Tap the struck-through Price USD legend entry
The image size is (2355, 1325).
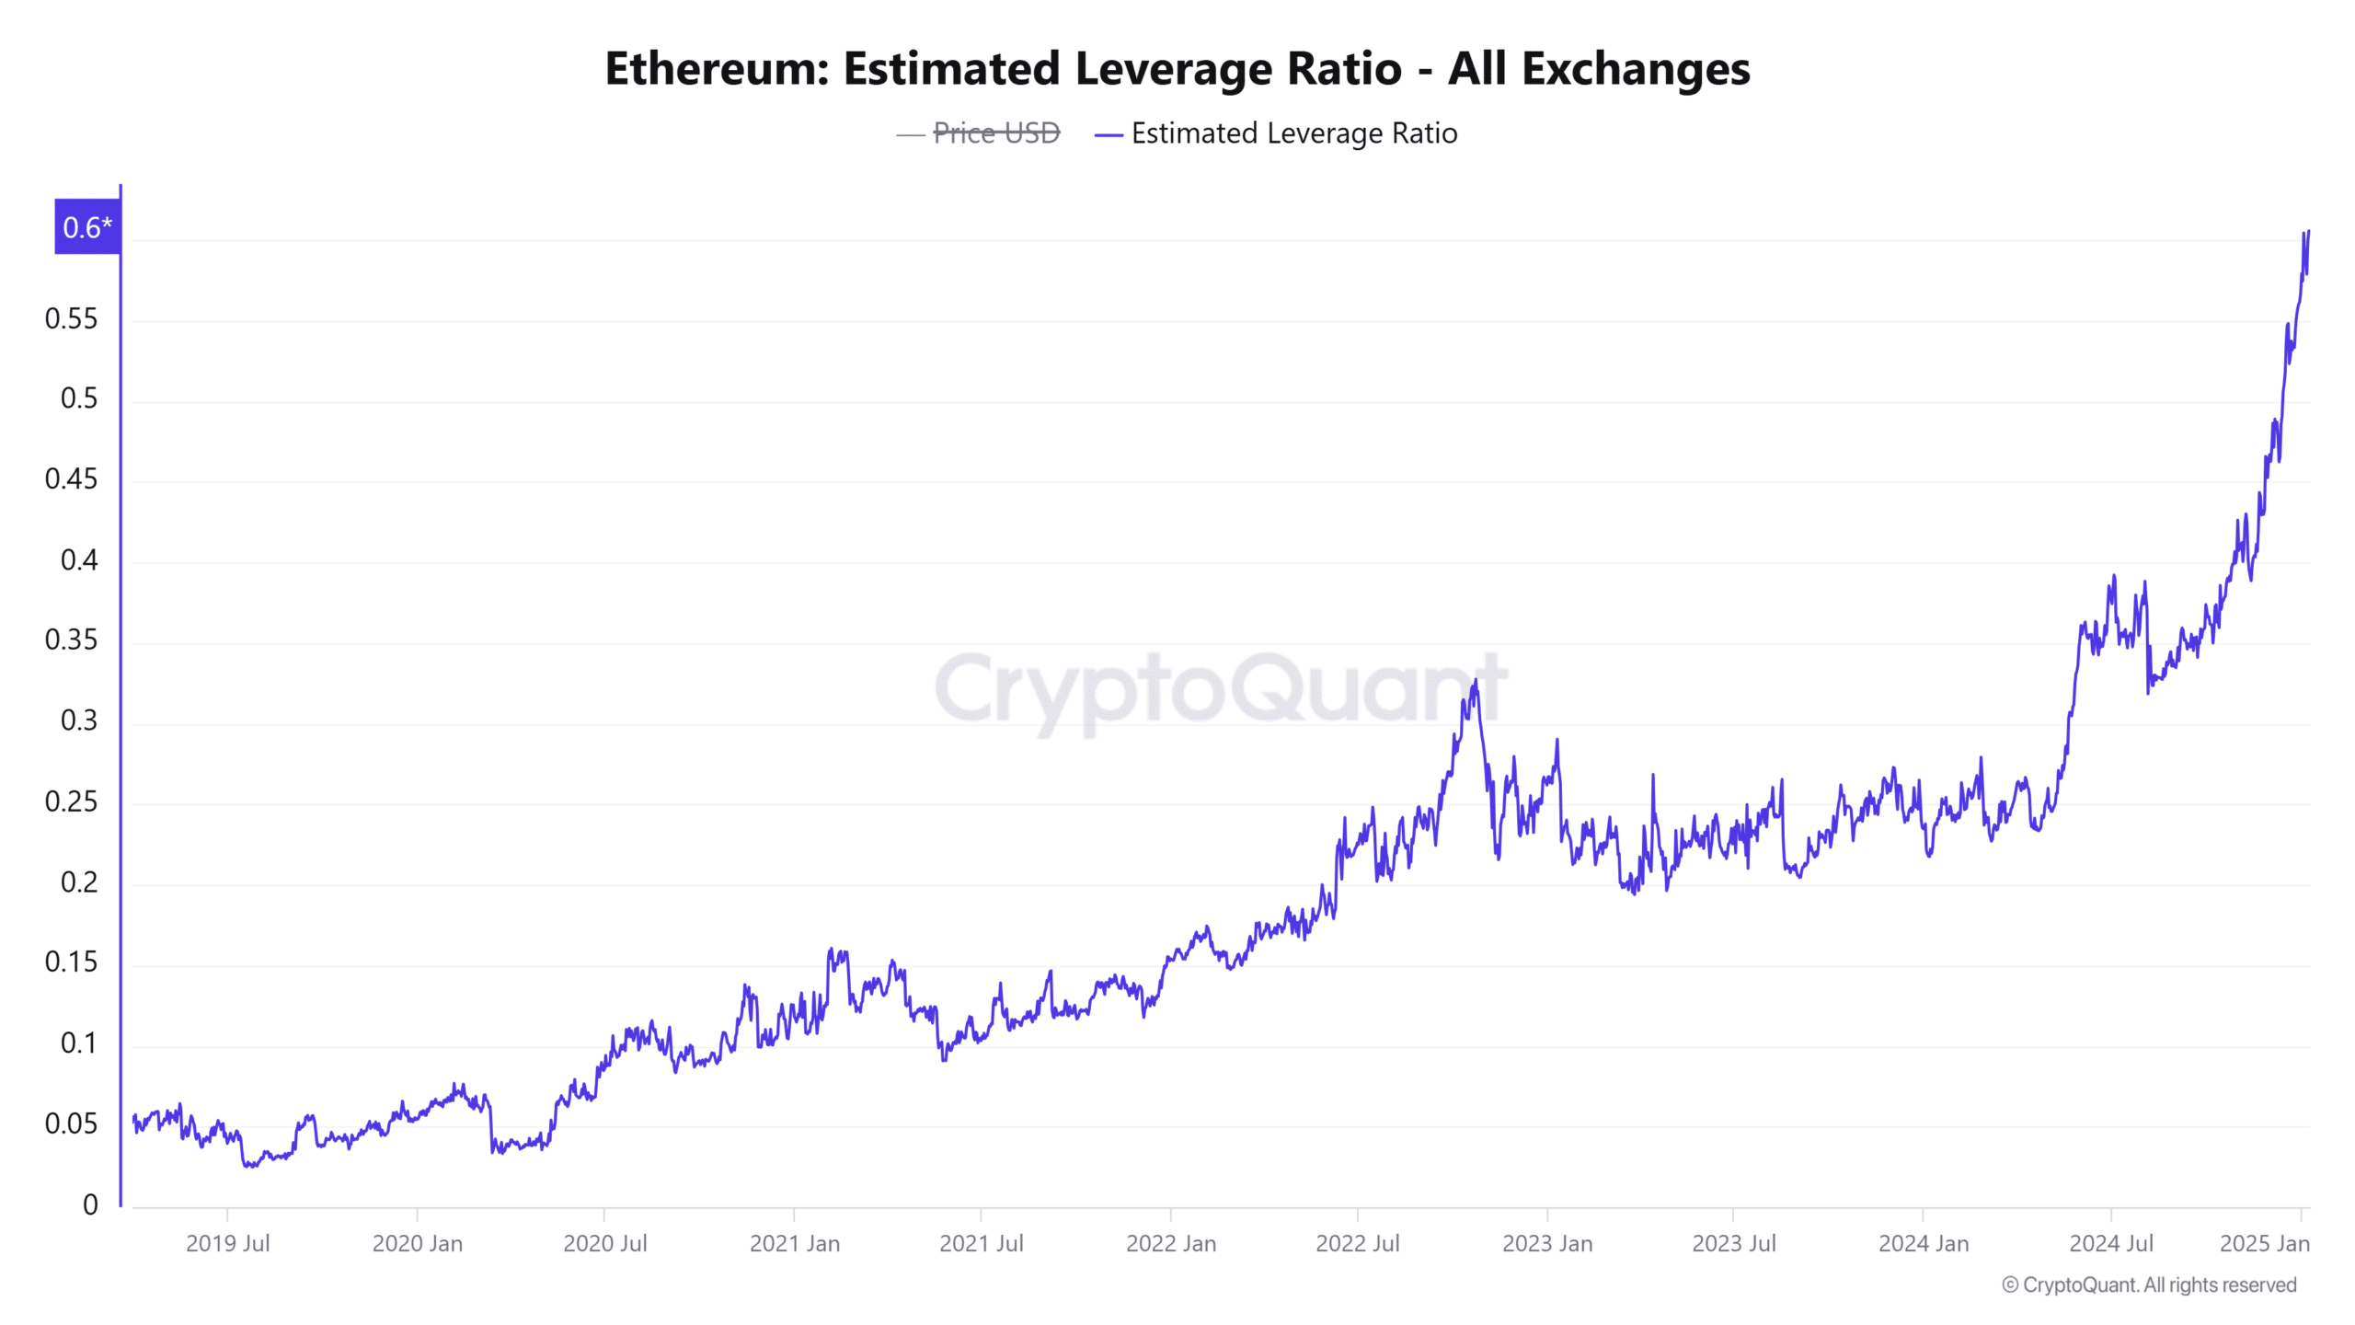(995, 133)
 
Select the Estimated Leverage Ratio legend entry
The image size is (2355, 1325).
(1292, 133)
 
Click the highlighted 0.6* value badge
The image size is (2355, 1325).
(87, 227)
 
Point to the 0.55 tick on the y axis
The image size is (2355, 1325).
(71, 319)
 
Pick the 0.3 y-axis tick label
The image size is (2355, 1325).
(78, 720)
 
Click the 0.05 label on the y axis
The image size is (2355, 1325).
(71, 1123)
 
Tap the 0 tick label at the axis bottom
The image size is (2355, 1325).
(90, 1204)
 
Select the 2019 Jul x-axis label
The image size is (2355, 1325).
(227, 1243)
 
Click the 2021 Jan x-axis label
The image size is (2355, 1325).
(794, 1243)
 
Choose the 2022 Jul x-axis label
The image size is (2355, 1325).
(1357, 1243)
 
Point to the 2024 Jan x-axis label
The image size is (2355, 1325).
(1923, 1243)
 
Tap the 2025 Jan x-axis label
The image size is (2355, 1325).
(2264, 1243)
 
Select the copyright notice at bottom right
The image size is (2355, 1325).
(2149, 1285)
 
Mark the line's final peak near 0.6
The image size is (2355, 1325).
(2308, 232)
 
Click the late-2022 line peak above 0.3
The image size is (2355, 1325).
(1476, 682)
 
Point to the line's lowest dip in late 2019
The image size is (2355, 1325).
(248, 1166)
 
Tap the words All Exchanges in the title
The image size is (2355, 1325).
(1599, 69)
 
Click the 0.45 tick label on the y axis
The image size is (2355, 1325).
(71, 479)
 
